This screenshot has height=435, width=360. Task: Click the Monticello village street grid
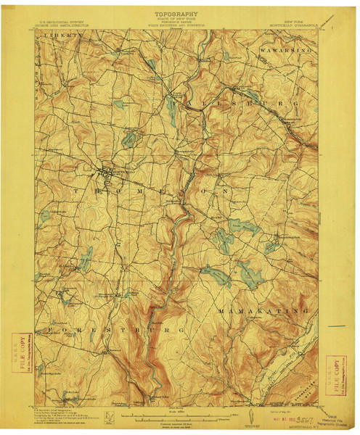click(x=109, y=173)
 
